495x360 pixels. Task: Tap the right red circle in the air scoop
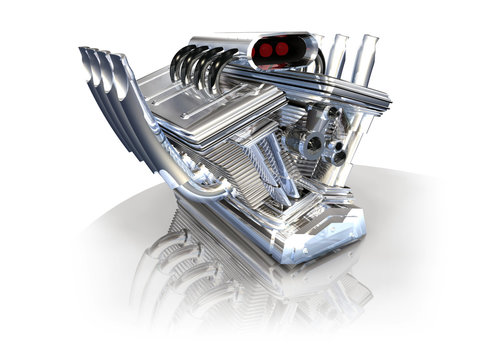(284, 48)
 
